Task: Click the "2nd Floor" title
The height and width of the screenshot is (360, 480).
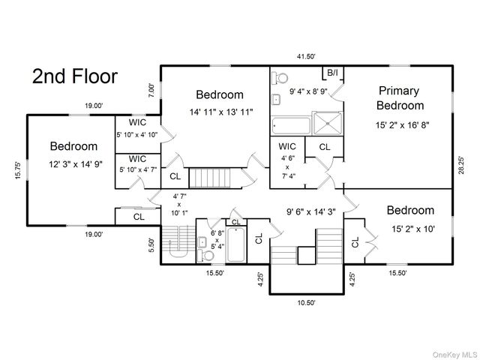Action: (75, 76)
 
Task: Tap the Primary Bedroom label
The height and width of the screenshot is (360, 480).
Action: (400, 98)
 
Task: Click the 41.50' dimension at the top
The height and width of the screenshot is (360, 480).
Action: (306, 56)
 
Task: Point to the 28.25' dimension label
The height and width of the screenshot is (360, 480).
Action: (461, 165)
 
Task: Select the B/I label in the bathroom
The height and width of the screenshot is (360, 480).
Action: (333, 73)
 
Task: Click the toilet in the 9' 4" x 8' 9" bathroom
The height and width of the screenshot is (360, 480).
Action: (280, 77)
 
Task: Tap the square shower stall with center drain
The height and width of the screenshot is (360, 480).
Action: (328, 123)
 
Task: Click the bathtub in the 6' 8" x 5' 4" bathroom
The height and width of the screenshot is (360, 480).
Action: (236, 244)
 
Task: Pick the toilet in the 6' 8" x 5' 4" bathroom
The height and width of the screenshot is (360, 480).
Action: (205, 255)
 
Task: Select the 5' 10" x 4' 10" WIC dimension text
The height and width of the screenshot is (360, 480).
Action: (137, 134)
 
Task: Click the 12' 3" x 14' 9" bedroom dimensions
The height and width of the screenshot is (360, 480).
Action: (76, 164)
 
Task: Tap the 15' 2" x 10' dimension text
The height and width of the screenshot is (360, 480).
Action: (413, 229)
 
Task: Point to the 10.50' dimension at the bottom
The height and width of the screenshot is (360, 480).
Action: (306, 303)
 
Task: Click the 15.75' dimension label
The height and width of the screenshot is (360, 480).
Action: (18, 170)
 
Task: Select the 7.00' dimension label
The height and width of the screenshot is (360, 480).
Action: (151, 91)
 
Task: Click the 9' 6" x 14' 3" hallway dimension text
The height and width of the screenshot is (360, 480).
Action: (311, 211)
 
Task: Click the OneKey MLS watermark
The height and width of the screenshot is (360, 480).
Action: (454, 355)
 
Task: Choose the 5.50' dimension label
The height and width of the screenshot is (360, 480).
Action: (151, 245)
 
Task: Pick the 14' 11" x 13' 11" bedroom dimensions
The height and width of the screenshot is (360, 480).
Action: (221, 112)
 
